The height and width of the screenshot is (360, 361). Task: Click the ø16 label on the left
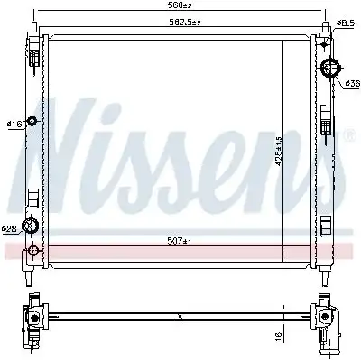coord(14,124)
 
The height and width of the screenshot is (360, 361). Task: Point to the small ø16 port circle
coord(32,123)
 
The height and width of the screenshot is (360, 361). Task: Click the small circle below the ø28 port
coord(34,250)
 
